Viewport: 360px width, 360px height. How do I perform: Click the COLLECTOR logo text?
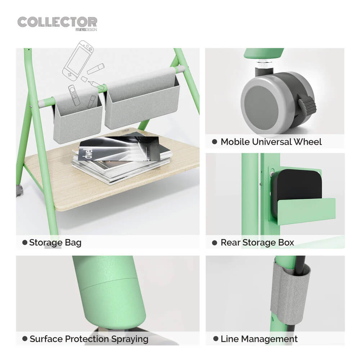(x=57, y=22)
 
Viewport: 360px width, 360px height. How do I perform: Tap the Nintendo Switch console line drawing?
(x=78, y=59)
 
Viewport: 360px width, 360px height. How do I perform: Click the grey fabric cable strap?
(x=288, y=295)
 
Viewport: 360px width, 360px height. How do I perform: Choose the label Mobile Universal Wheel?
(x=271, y=142)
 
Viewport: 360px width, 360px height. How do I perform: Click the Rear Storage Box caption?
(x=257, y=243)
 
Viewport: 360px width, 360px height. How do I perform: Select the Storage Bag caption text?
(x=55, y=243)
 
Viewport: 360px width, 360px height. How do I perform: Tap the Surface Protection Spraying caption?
(x=89, y=339)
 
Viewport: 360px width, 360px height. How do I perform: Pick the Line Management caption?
(x=259, y=339)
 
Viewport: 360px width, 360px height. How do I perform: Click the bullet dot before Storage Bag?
(x=25, y=243)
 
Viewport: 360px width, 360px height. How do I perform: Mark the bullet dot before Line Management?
(x=216, y=339)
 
